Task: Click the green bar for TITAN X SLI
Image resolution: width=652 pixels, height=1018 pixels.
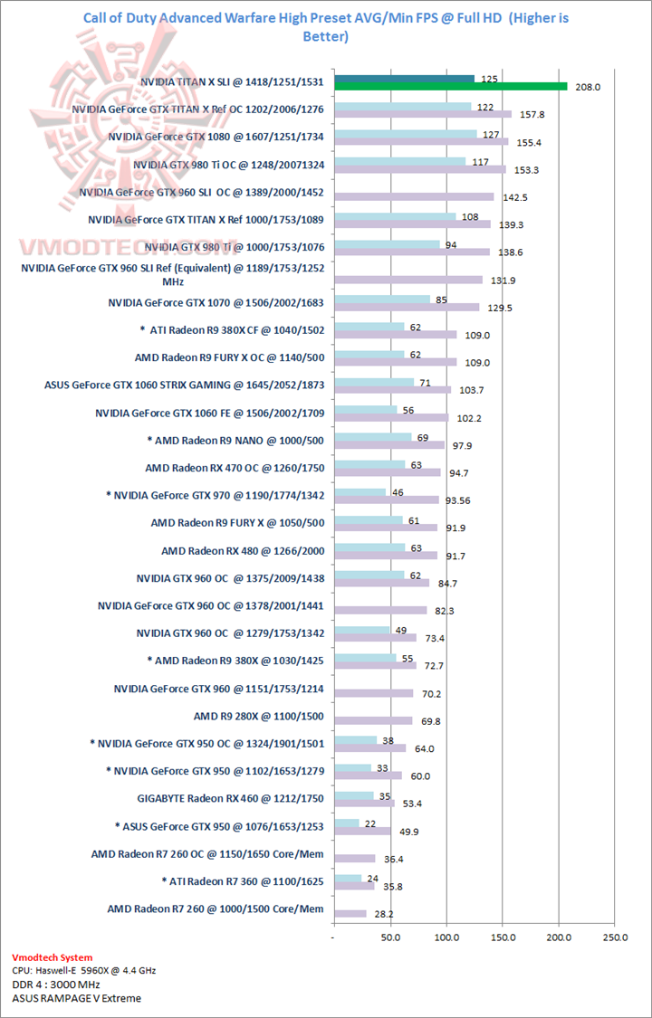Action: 451,87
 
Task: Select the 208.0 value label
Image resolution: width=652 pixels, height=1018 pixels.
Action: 588,88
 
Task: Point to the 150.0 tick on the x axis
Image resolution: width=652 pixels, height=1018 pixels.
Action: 503,937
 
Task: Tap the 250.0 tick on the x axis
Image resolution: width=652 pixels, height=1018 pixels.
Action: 615,937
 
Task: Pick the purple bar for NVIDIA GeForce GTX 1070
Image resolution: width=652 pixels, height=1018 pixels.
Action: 407,308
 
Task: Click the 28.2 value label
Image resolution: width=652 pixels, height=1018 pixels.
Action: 384,914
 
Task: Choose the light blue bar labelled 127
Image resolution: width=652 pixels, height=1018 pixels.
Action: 406,134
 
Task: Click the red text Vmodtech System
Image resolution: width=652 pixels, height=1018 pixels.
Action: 53,957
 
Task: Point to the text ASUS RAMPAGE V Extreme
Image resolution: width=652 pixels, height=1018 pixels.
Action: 77,998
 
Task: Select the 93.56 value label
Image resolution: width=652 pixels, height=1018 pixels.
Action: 459,500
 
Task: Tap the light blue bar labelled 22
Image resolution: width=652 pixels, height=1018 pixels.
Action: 347,823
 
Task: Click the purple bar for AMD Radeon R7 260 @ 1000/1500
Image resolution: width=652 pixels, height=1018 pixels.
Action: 350,914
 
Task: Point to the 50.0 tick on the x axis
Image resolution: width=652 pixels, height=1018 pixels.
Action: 390,937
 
